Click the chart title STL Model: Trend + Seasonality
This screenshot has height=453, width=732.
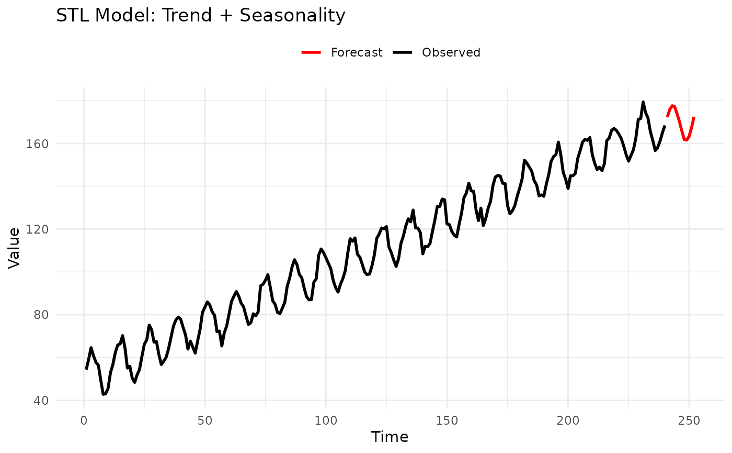[x=201, y=16]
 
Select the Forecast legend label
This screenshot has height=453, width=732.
[x=357, y=52]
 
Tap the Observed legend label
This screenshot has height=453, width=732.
[x=451, y=52]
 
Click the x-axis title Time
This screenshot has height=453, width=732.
[x=390, y=437]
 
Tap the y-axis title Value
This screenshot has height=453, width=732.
[x=15, y=248]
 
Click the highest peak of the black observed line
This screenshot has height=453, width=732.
[x=643, y=102]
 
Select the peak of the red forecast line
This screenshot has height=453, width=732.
[x=672, y=105]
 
